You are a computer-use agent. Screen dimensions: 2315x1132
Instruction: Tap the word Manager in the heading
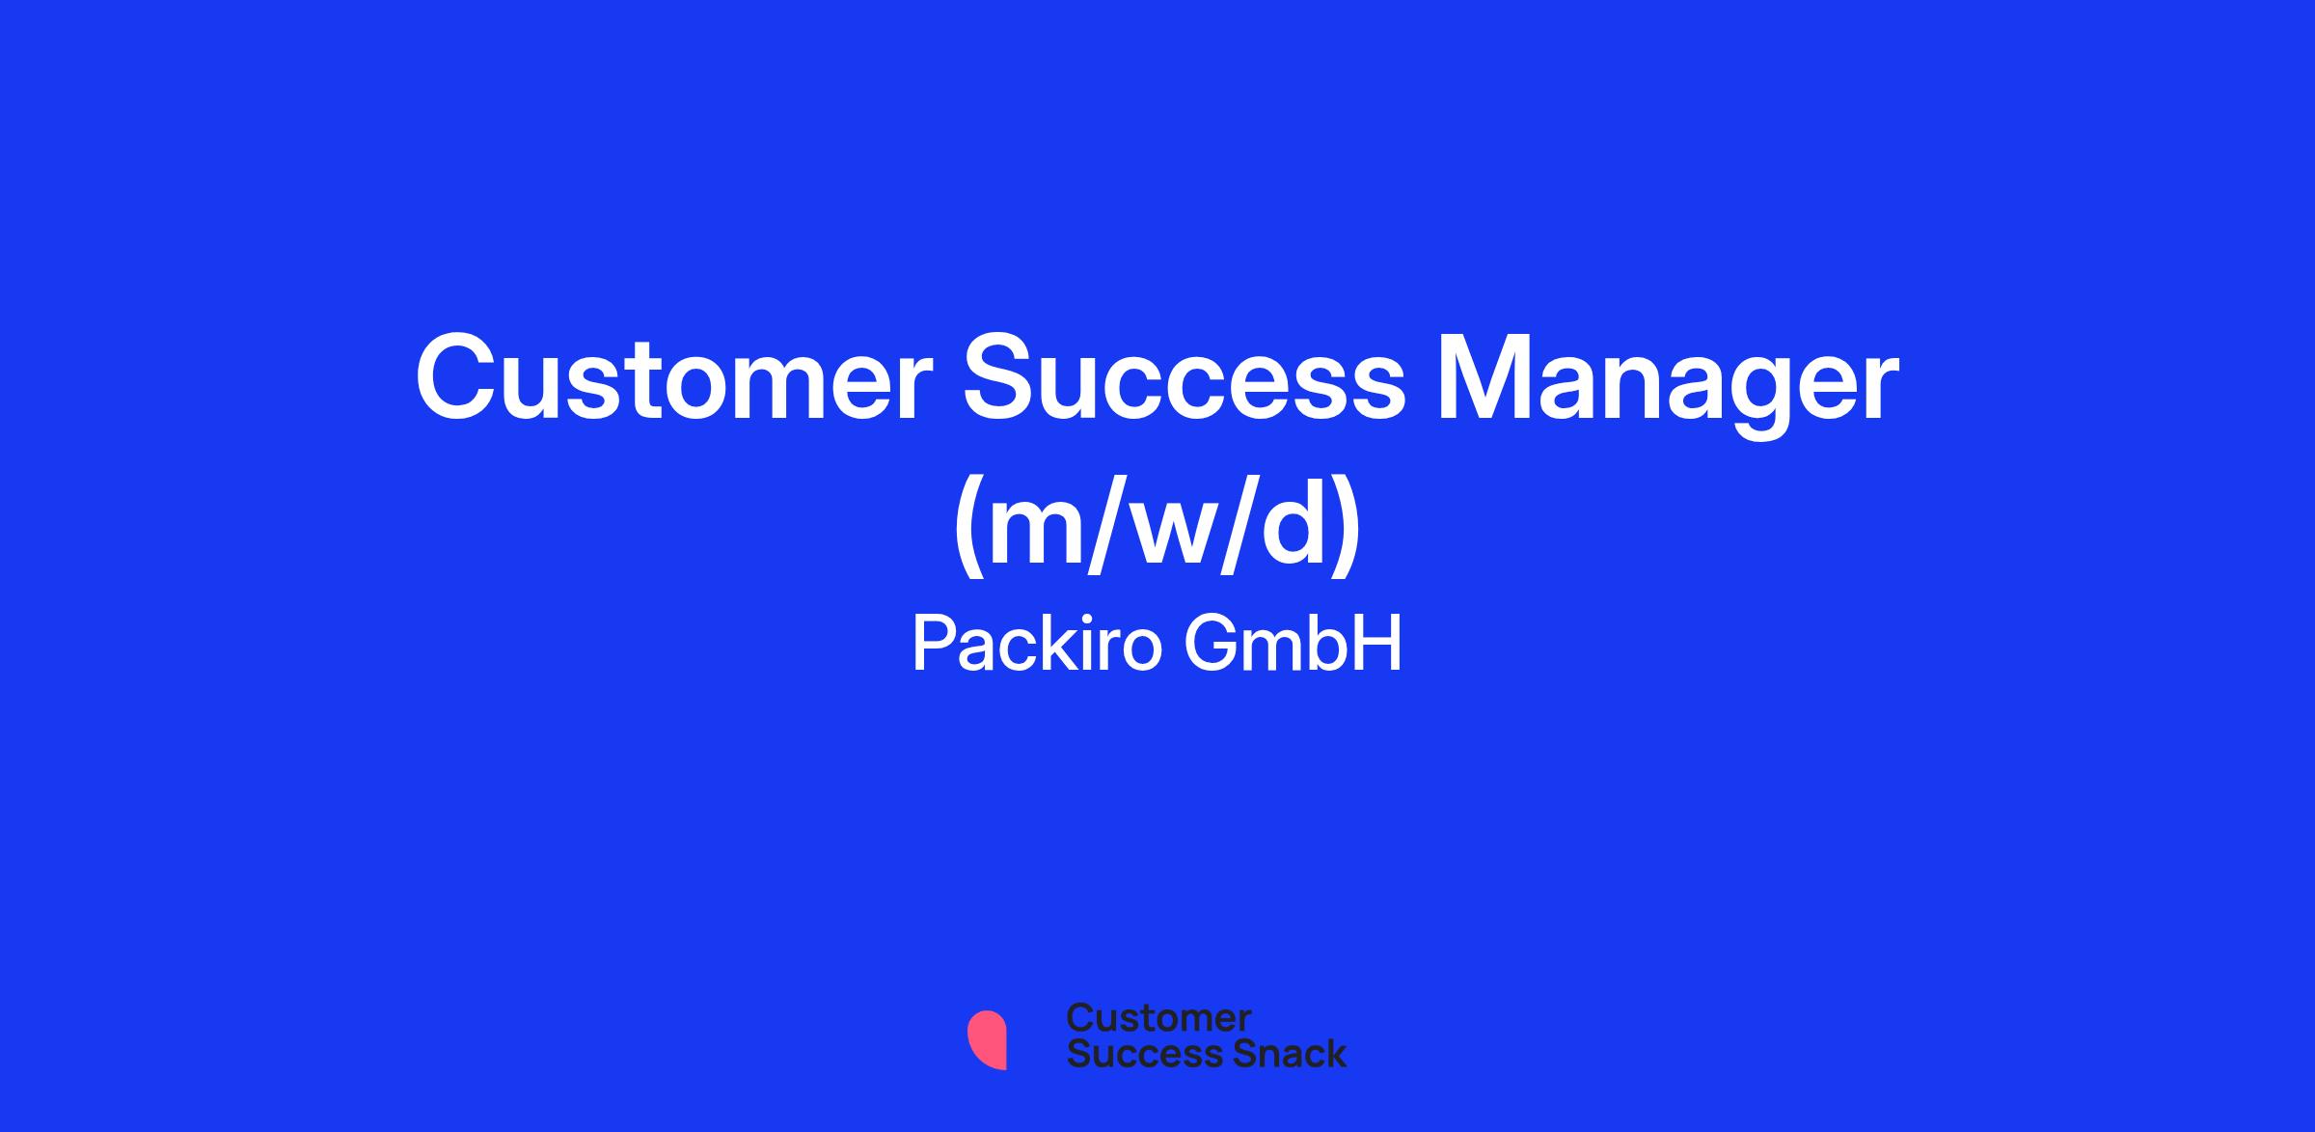(1668, 386)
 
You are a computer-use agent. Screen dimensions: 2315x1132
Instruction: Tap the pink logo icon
(987, 1040)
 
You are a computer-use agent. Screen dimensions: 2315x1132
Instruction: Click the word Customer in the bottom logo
(1158, 1018)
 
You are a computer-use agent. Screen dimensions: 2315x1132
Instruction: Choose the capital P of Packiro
(933, 645)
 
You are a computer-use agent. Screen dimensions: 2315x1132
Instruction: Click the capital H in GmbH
(1380, 645)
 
